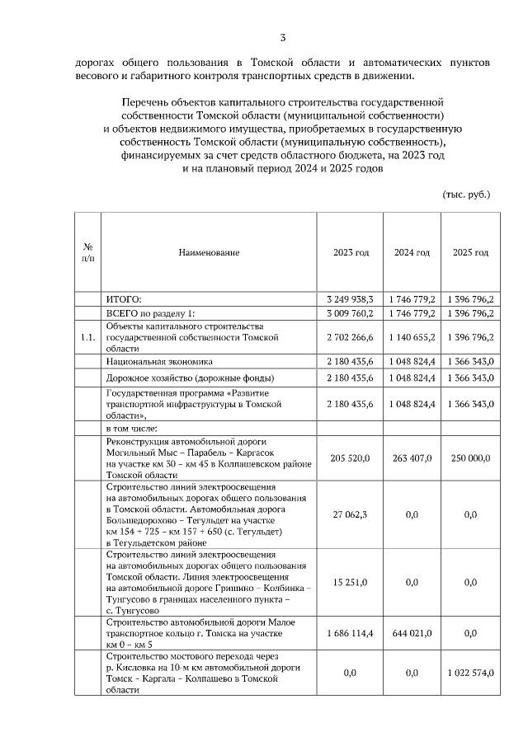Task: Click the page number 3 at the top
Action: point(283,37)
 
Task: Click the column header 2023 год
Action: point(351,252)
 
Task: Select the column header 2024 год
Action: point(411,252)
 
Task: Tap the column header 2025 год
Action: point(470,252)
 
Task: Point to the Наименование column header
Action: point(209,252)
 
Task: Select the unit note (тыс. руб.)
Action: point(467,195)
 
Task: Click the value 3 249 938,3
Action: point(351,299)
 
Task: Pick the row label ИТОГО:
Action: point(125,299)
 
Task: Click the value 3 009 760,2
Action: point(351,314)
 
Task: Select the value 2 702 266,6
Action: point(351,338)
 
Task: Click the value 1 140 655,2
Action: point(411,338)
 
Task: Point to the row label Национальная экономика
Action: point(159,361)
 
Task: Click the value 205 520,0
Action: point(351,458)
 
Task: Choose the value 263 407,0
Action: point(411,458)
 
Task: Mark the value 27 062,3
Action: point(351,515)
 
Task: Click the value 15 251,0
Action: point(351,583)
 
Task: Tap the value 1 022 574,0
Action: point(470,673)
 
